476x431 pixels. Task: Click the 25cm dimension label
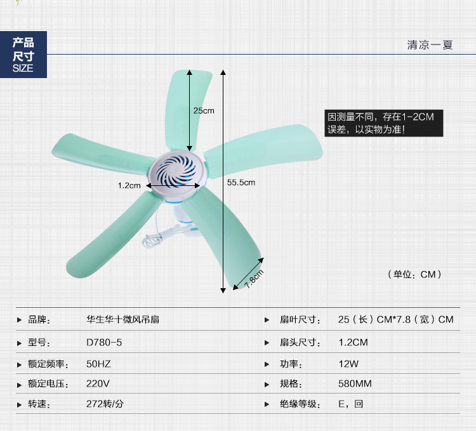pos(204,110)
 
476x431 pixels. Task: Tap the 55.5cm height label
pos(241,182)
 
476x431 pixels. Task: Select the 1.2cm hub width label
pos(129,186)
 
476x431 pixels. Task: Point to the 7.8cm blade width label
pos(254,279)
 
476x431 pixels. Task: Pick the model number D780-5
pos(104,342)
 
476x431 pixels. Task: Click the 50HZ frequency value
pos(98,363)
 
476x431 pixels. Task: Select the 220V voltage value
pos(98,383)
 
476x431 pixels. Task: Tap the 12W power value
pos(348,363)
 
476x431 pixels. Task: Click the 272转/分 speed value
pos(105,404)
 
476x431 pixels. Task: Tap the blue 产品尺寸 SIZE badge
pos(23,55)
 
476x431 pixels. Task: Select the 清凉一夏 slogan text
pos(430,46)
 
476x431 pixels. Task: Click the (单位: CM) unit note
pos(413,274)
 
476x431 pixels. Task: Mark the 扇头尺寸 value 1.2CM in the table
pos(353,342)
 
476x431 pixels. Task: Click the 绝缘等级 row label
pos(298,404)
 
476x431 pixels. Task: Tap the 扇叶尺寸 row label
pos(298,320)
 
